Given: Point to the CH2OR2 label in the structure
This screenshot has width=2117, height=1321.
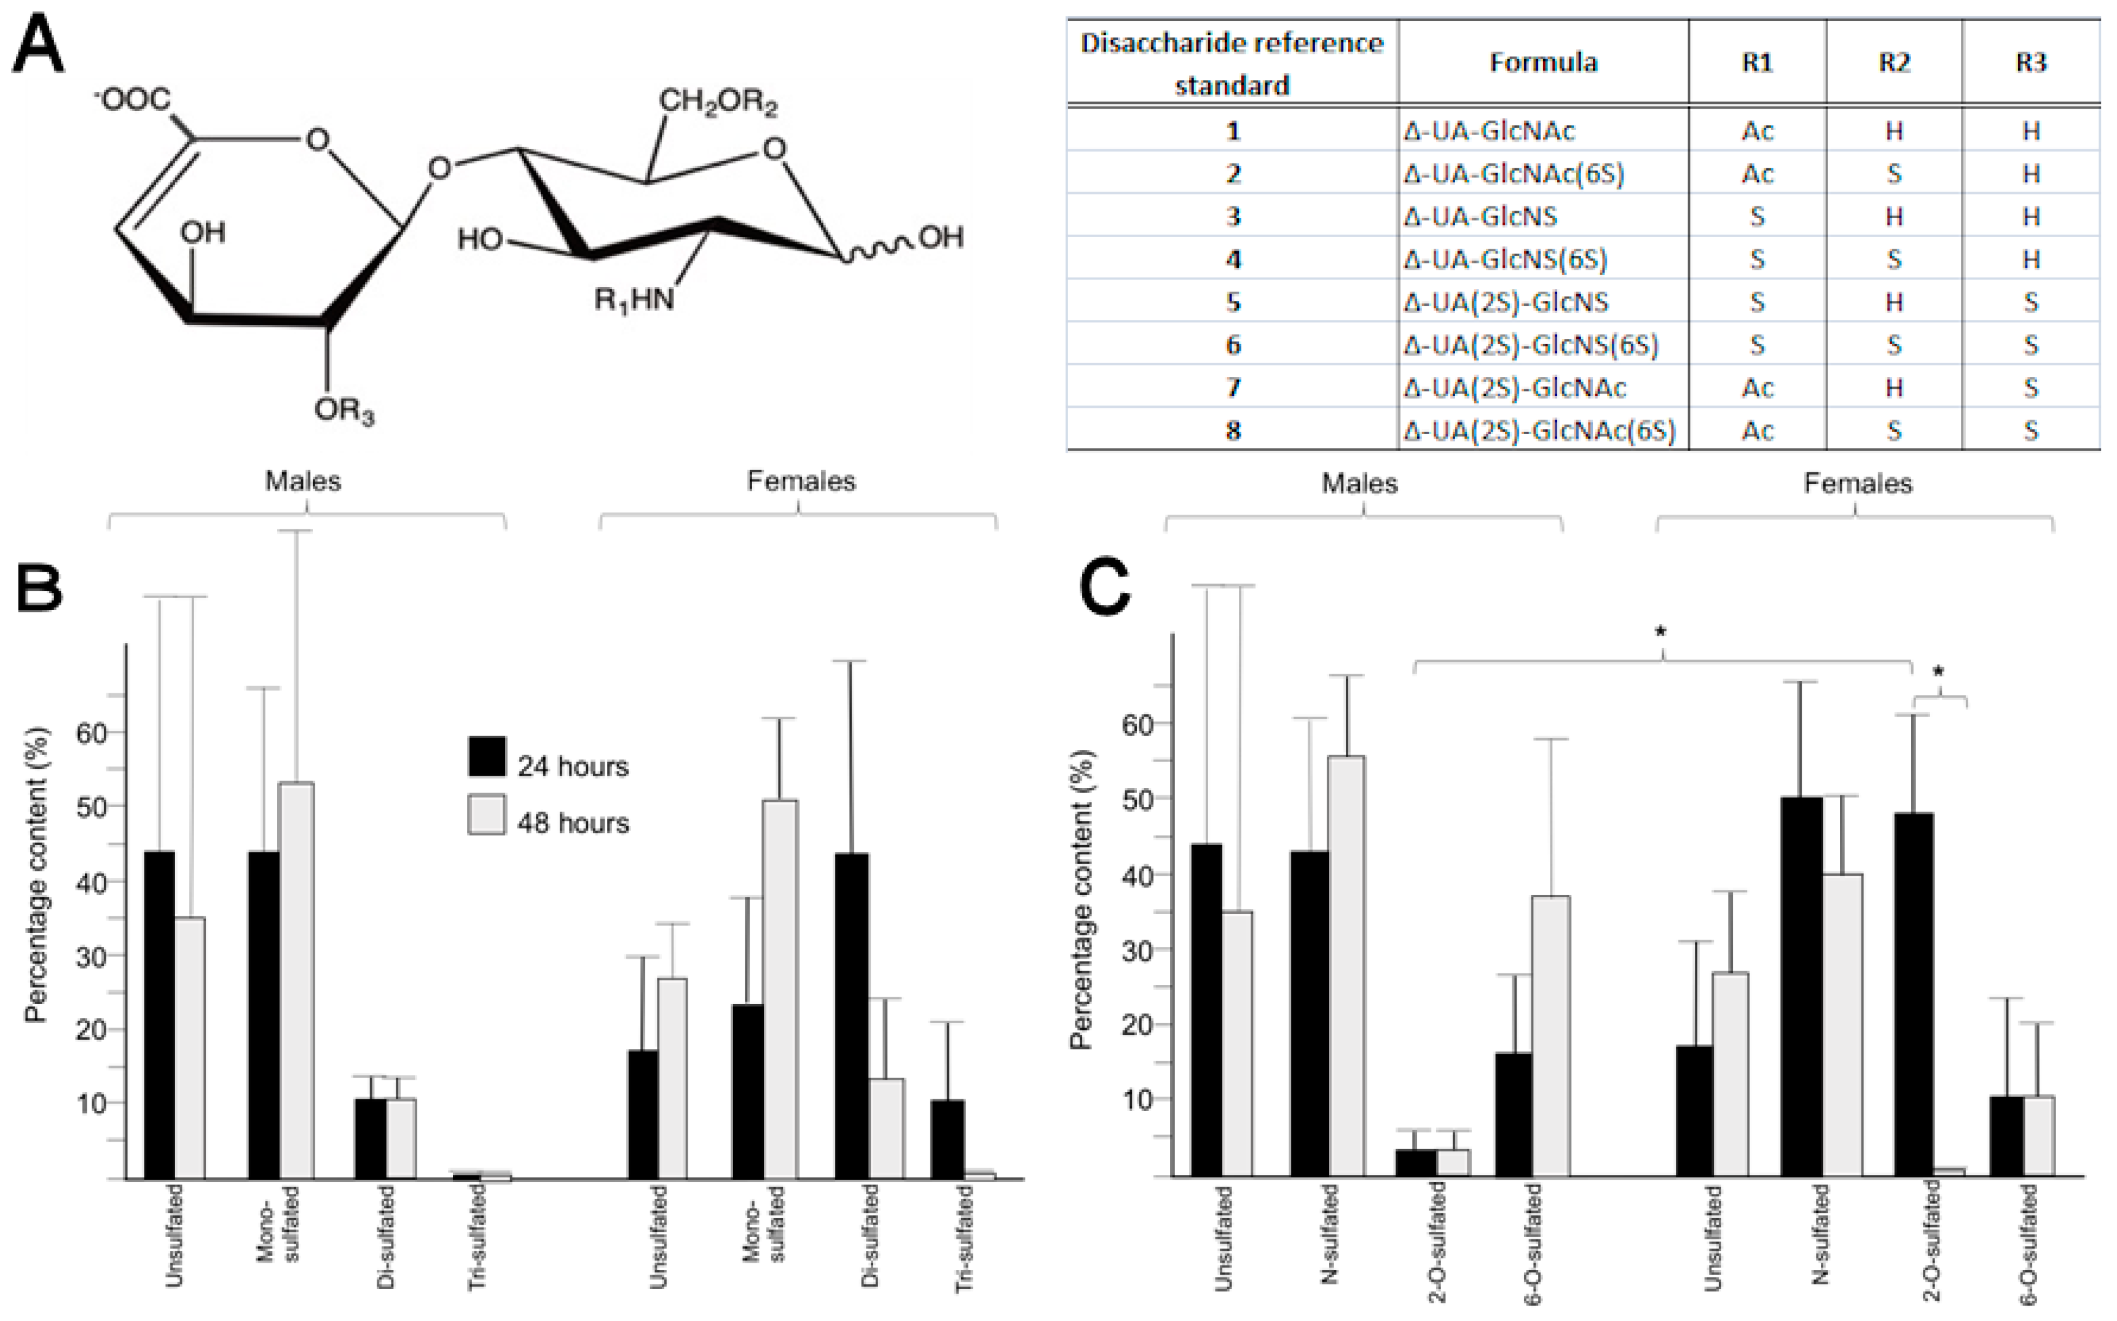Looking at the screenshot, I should click(717, 102).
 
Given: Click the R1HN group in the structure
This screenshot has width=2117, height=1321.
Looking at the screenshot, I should click(634, 300).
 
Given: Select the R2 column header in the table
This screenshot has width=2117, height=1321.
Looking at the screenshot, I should click(1893, 62).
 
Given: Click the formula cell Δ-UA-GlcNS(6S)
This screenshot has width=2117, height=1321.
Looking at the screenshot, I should click(1505, 260).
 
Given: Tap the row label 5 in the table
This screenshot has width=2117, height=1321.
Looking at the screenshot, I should click(1233, 302).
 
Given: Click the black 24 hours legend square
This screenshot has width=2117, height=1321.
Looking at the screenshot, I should click(487, 757).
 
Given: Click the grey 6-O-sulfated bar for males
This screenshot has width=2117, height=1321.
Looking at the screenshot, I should click(1550, 1036).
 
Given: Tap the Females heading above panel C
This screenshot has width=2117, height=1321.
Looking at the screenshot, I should click(1858, 483).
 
